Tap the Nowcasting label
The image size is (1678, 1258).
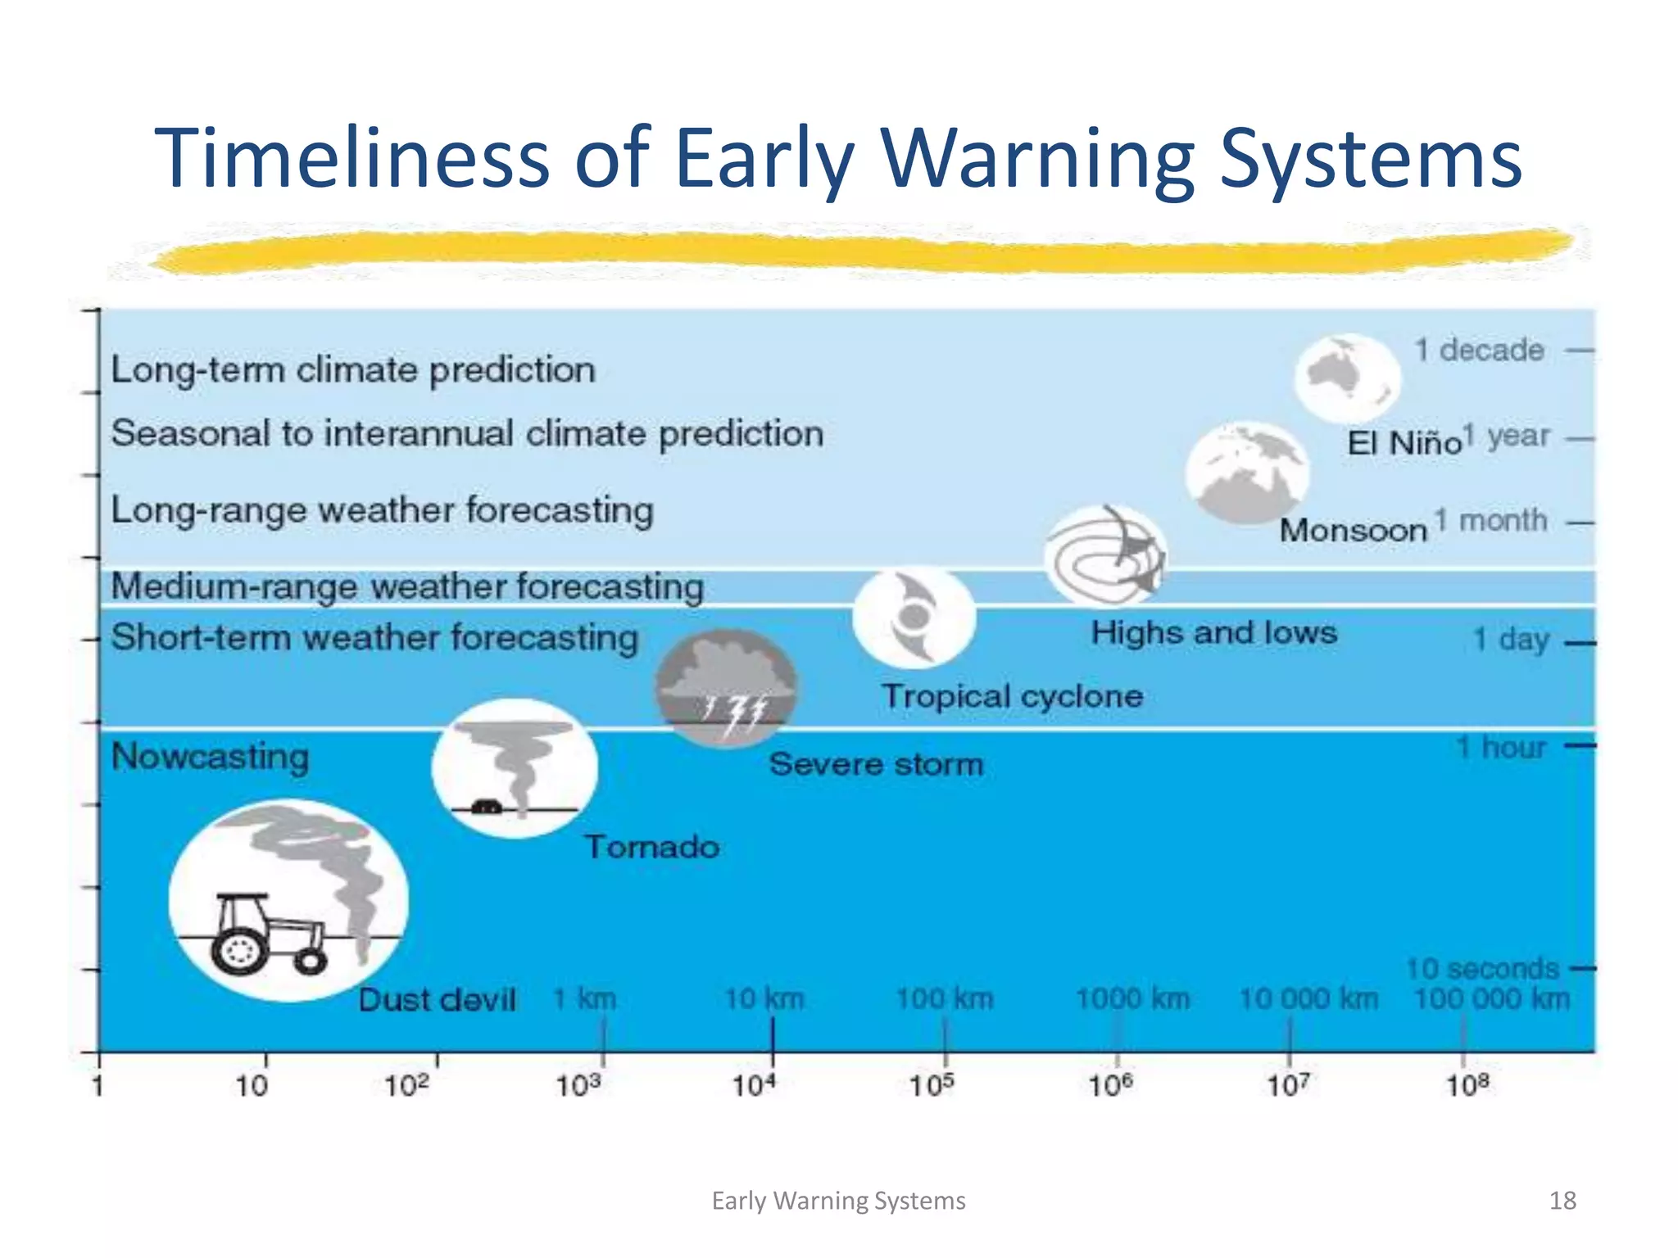tap(210, 756)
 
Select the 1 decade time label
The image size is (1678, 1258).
tap(1479, 350)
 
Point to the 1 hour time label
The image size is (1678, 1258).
tap(1500, 747)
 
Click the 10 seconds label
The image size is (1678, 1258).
tap(1482, 968)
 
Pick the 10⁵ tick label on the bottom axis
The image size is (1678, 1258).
tap(932, 1086)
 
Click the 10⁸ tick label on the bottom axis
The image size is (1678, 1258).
tap(1467, 1086)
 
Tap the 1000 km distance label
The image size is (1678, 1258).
tap(1132, 998)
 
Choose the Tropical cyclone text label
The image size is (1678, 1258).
tap(1012, 696)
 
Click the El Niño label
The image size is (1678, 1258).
tap(1404, 443)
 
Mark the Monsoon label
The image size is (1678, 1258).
tap(1353, 530)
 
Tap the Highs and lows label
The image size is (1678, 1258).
tap(1213, 632)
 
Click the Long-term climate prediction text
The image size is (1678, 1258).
tap(353, 369)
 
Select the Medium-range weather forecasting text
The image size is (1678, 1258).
tap(407, 586)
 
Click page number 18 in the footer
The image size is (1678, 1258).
tap(1562, 1200)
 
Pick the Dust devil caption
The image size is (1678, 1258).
tap(437, 999)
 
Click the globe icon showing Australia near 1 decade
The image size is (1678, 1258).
tap(1346, 378)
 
